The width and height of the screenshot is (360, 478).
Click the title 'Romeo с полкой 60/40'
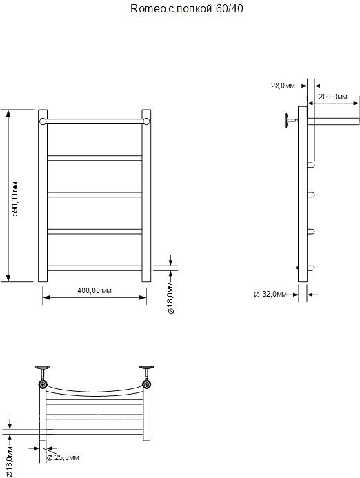pyautogui.click(x=187, y=8)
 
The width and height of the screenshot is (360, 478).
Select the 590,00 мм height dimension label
pyautogui.click(x=14, y=199)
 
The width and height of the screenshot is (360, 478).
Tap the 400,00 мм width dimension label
pyautogui.click(x=94, y=290)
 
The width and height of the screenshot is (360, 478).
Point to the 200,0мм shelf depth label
pyautogui.click(x=333, y=97)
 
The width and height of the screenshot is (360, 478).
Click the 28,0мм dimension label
pyautogui.click(x=283, y=86)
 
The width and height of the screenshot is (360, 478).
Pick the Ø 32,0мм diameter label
pyautogui.click(x=270, y=294)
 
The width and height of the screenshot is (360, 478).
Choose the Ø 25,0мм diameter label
pyautogui.click(x=63, y=457)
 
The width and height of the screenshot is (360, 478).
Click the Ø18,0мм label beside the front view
pyautogui.click(x=171, y=298)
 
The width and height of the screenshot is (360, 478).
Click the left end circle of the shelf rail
pyautogui.click(x=43, y=121)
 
